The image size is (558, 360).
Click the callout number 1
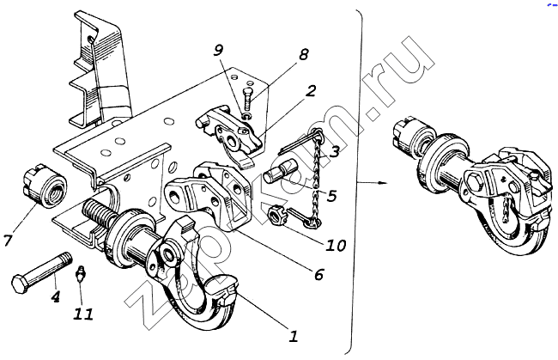(x=293, y=335)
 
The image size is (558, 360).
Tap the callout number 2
(x=311, y=91)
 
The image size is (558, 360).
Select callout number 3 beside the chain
(x=334, y=151)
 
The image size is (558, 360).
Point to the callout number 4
(x=55, y=296)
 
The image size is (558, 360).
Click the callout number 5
(x=331, y=196)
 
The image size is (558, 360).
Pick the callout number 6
(x=318, y=274)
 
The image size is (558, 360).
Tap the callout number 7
(x=8, y=240)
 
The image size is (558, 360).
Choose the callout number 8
(x=302, y=54)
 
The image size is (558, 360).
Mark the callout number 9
(x=218, y=51)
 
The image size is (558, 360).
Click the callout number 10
(x=335, y=245)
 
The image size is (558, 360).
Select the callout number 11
(x=83, y=314)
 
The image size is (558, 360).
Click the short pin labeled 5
(x=281, y=170)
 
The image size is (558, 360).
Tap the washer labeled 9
(x=246, y=116)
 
